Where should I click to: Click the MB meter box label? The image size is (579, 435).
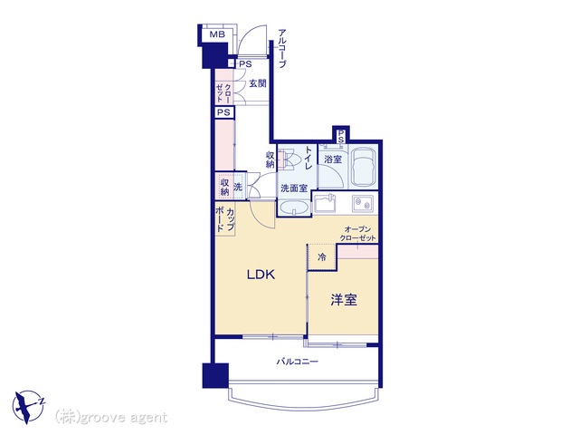[217, 34]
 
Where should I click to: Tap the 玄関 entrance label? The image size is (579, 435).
[257, 83]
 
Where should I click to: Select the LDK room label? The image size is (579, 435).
[261, 275]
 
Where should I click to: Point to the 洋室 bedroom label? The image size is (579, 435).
[344, 300]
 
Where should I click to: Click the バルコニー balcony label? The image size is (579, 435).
[298, 362]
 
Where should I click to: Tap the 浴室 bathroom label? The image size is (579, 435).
[333, 159]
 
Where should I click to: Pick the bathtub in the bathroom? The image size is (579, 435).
[364, 168]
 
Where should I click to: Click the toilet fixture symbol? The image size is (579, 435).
[287, 159]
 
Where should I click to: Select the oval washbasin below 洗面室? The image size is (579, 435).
[294, 208]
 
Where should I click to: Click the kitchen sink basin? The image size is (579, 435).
[325, 203]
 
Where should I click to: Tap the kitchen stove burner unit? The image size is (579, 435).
[363, 203]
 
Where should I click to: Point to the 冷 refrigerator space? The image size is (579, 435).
[322, 257]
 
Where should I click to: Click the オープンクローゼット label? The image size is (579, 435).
[357, 234]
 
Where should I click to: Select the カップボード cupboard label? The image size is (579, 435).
[225, 219]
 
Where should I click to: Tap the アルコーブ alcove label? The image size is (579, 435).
[281, 48]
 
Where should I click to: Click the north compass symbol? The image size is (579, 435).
[29, 407]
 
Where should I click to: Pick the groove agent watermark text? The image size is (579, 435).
[111, 418]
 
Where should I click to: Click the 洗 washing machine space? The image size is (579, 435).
[238, 187]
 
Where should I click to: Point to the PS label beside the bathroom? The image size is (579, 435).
[341, 136]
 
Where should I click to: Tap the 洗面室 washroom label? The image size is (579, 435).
[294, 188]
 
